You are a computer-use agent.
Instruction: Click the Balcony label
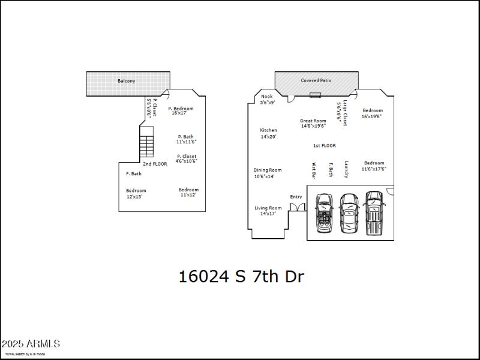pos(126,80)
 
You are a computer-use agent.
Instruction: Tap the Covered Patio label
pos(316,80)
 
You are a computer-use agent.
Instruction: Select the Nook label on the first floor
pos(267,96)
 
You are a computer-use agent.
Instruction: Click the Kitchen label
pos(268,130)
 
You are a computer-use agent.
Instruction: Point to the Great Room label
pos(313,121)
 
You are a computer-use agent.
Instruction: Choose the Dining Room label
pos(268,170)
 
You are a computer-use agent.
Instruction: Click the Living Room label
pos(268,208)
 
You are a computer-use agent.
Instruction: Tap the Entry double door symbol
pos(297,207)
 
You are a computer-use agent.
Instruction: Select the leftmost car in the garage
pos(325,213)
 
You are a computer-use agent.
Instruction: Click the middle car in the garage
pos(349,213)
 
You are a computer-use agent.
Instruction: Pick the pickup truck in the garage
pos(374,214)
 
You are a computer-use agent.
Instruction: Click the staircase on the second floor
pos(146,144)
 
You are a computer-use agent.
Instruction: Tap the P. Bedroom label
pos(181,109)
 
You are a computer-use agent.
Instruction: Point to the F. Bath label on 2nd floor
pos(134,174)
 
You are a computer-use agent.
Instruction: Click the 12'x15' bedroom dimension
pos(135,197)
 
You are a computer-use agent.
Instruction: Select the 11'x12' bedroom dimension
pos(188,195)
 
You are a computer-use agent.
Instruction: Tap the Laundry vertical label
pos(346,169)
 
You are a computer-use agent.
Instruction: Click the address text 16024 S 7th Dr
pos(241,277)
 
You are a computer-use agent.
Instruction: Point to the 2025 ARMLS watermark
pos(31,344)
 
